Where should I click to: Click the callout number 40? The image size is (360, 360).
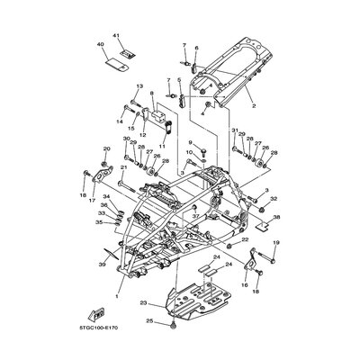[100, 44]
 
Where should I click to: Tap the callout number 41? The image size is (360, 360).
[116, 34]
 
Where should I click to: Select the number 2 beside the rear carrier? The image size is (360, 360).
[255, 105]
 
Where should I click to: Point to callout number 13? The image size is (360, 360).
[139, 86]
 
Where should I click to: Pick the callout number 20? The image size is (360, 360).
[107, 148]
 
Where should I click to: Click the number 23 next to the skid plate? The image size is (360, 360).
[143, 305]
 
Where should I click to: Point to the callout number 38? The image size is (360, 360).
[276, 218]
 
